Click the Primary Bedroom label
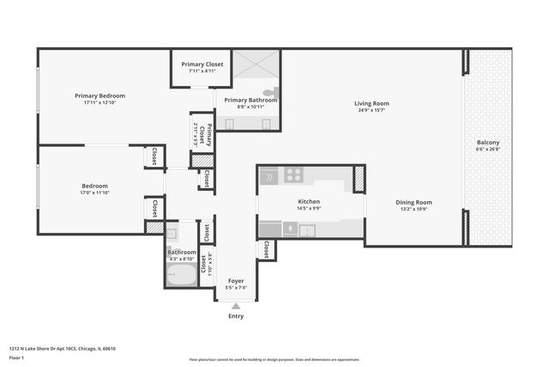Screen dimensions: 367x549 click(x=100, y=95)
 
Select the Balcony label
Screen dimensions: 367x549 click(x=487, y=142)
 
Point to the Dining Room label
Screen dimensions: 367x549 click(x=413, y=203)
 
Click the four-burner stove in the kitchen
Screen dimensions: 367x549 click(x=293, y=175)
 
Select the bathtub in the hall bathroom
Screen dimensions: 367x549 click(x=181, y=275)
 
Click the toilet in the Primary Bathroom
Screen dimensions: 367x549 click(x=269, y=91)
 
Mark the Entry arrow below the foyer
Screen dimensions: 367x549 click(x=235, y=306)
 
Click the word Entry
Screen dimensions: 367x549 click(x=235, y=316)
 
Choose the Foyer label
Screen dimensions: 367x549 click(x=235, y=280)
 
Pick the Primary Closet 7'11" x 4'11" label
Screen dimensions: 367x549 click(x=202, y=68)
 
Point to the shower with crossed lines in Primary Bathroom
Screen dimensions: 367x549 click(x=256, y=66)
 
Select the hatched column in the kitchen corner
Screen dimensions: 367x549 click(x=359, y=178)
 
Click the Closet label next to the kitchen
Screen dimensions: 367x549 click(x=266, y=249)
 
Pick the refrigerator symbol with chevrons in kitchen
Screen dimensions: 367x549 click(x=269, y=175)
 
